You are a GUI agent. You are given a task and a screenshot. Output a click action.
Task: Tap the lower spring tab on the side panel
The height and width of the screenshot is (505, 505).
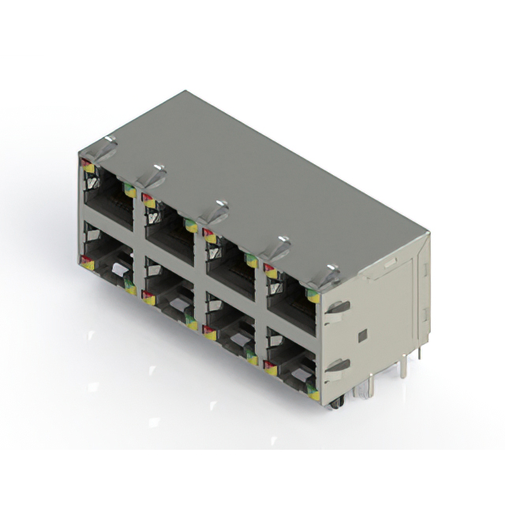[x=335, y=366]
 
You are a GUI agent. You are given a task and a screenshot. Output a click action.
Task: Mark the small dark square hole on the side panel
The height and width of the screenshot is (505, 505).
[x=362, y=335]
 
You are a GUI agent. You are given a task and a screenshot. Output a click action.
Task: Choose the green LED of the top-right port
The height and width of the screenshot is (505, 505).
[x=312, y=295]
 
